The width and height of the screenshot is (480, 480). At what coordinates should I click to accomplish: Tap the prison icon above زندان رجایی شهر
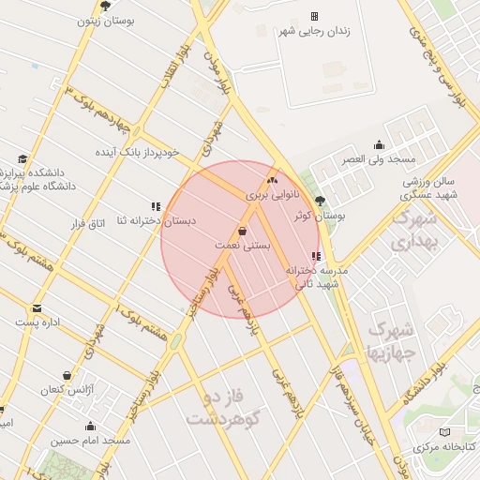click(x=314, y=16)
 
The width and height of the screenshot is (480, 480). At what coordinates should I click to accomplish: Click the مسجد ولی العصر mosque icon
click(x=379, y=144)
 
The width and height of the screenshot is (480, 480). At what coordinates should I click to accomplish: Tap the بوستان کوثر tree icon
click(x=320, y=201)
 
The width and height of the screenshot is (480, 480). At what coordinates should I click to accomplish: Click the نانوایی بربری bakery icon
click(x=273, y=180)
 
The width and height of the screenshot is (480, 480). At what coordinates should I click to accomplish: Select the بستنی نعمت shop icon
click(x=243, y=230)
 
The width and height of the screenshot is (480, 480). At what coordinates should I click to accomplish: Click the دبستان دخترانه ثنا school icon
click(x=156, y=206)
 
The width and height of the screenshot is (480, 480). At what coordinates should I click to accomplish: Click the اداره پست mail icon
click(x=37, y=307)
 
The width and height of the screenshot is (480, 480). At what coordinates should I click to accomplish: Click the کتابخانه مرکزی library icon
click(x=444, y=432)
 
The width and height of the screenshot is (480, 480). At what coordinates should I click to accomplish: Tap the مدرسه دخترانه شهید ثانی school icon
click(x=316, y=256)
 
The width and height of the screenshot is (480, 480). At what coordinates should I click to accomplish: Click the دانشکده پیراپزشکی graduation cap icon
click(x=22, y=158)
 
